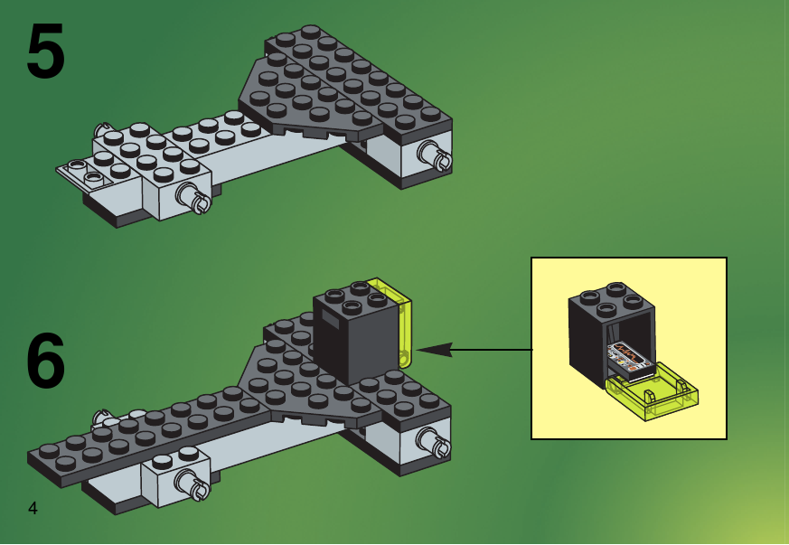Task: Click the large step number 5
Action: (x=45, y=51)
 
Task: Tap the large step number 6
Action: (x=45, y=361)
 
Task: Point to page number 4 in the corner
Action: (x=33, y=508)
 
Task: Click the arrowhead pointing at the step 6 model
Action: (x=434, y=349)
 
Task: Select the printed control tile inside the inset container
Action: (x=631, y=358)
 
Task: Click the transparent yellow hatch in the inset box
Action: (x=653, y=390)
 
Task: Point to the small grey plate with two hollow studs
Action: (x=83, y=174)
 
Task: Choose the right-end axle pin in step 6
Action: (x=434, y=442)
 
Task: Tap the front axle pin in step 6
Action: (x=192, y=484)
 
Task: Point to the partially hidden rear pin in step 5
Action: (x=101, y=128)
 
